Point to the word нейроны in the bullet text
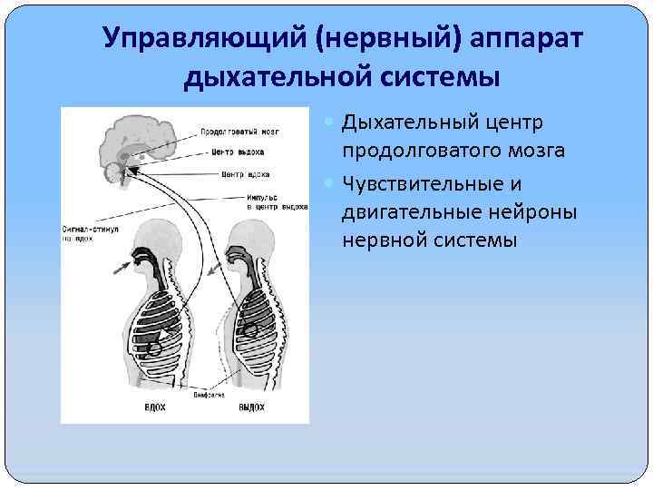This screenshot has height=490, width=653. point(527,212)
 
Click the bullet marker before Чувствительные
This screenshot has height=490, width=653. point(329,184)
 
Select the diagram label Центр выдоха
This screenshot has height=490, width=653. point(239,152)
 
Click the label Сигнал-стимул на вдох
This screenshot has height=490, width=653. point(90,233)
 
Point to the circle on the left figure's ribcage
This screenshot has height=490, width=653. point(155,347)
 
